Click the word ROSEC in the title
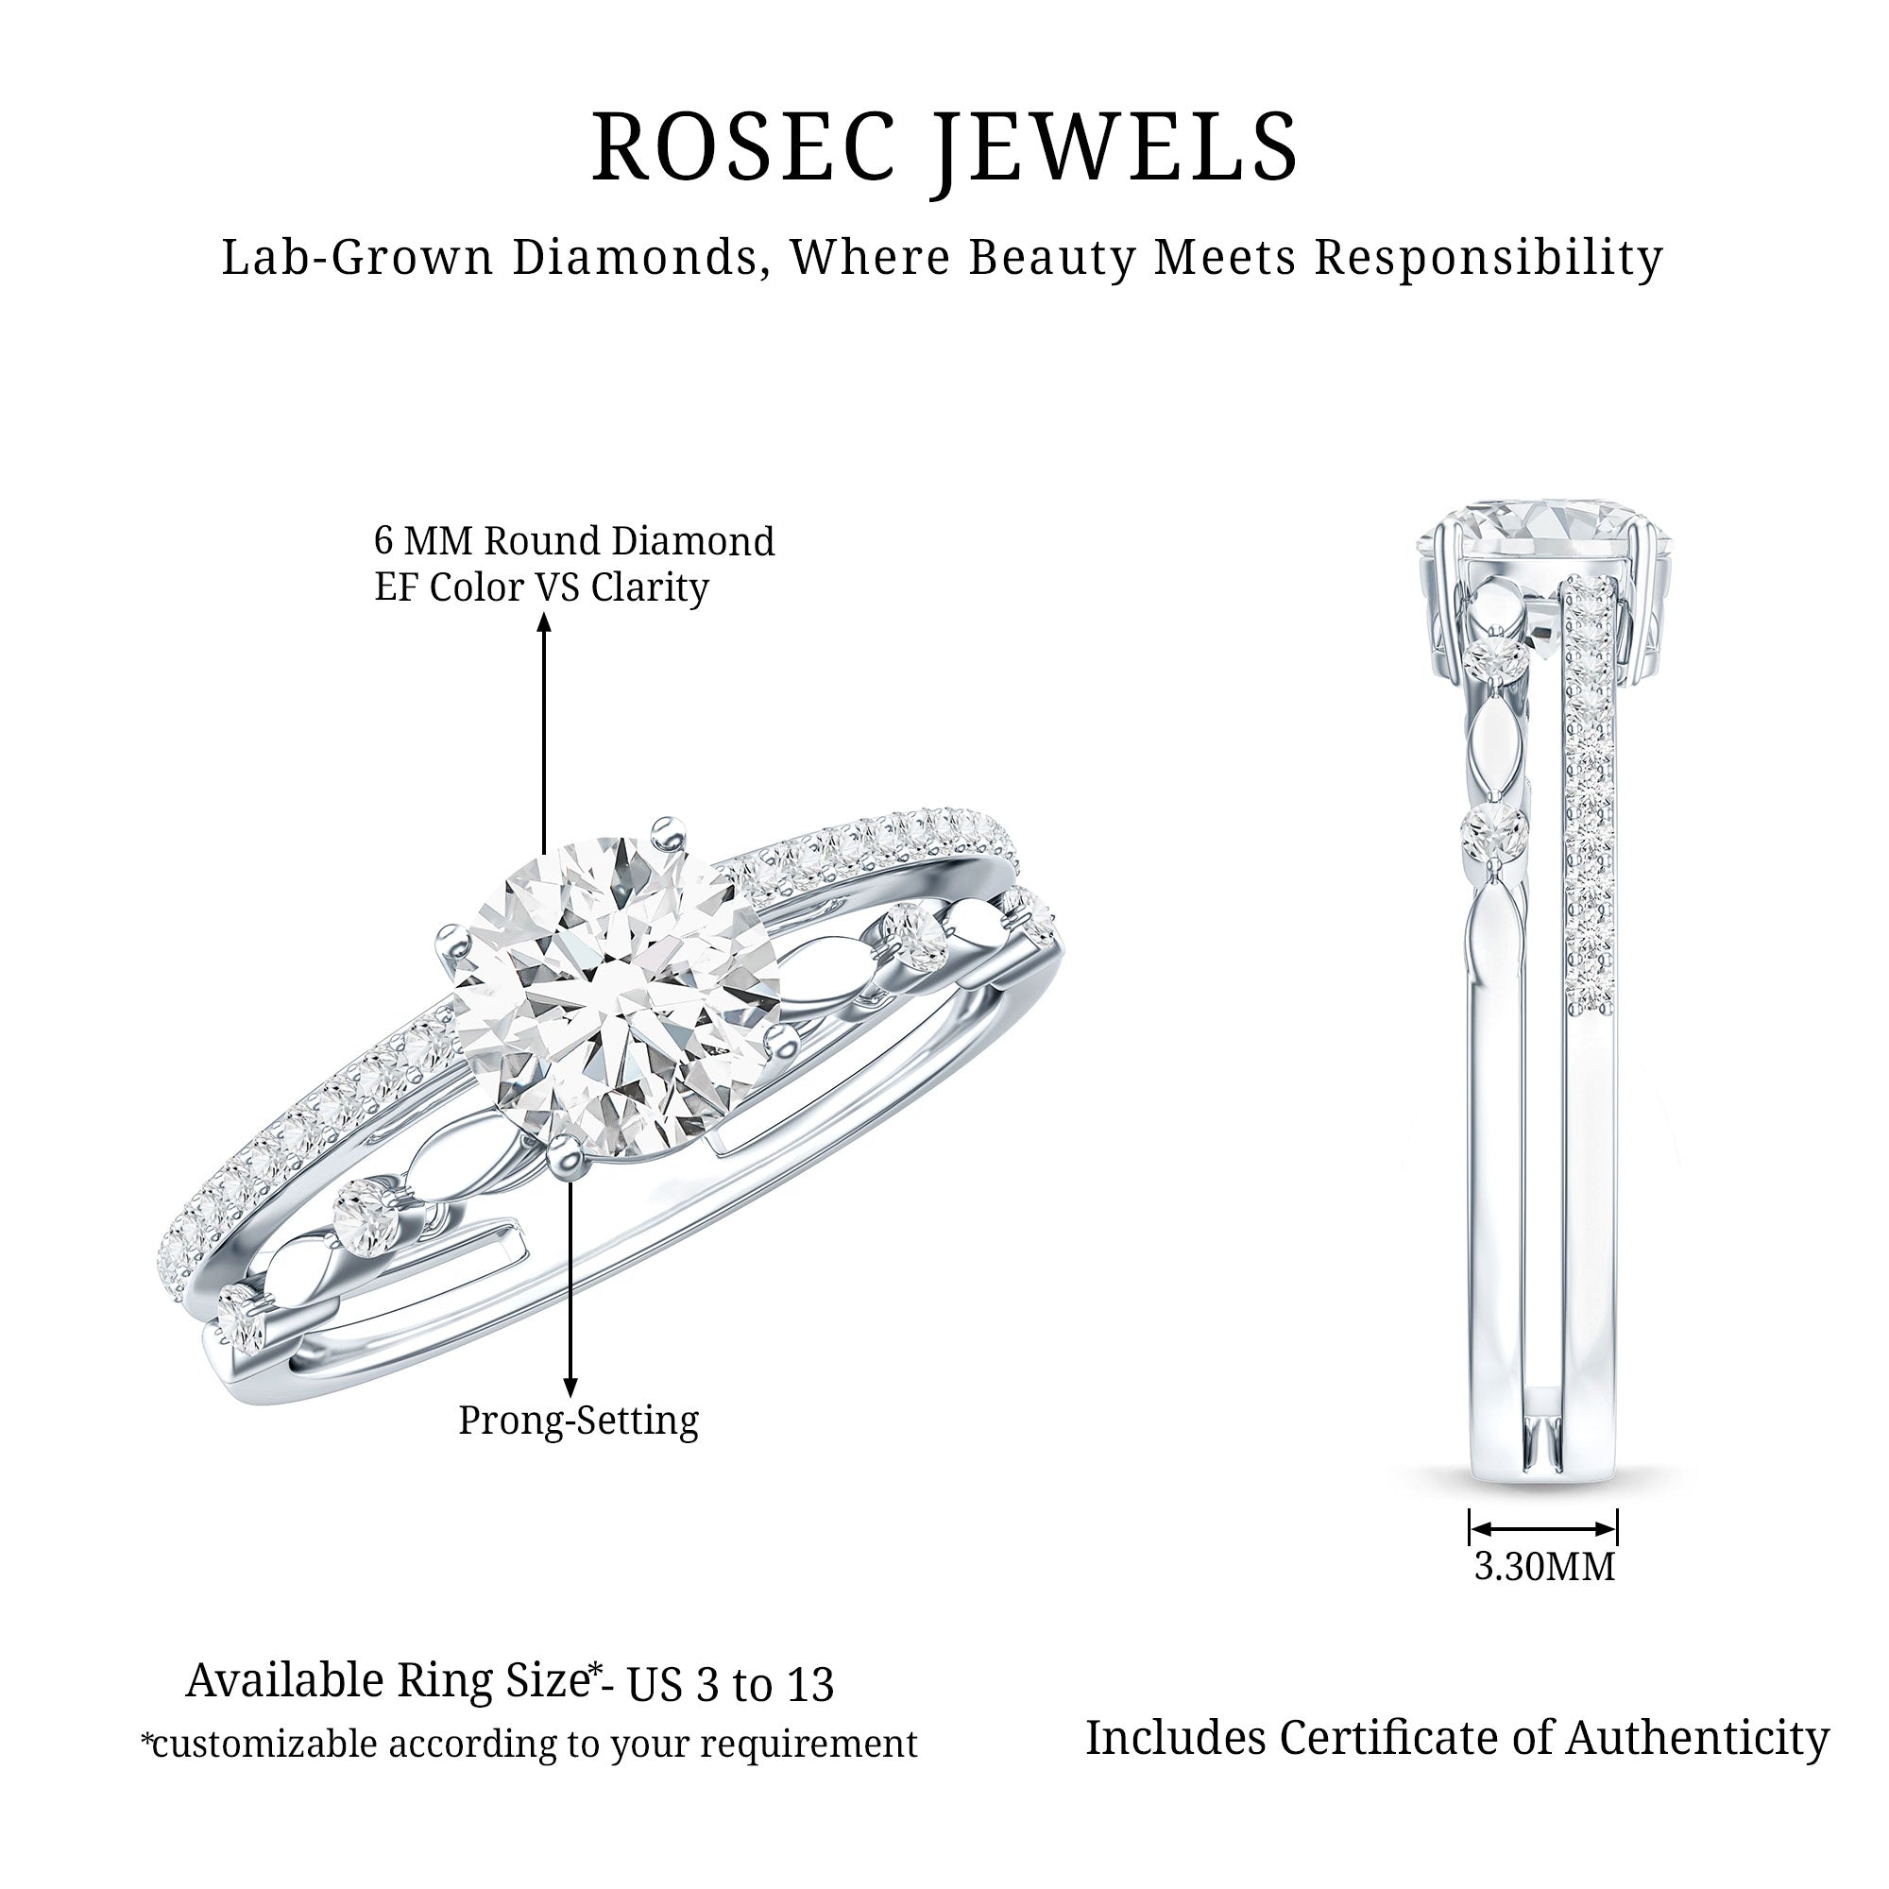(x=743, y=146)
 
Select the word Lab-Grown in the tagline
(x=358, y=258)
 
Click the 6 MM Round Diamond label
(x=574, y=540)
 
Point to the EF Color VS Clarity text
(x=541, y=587)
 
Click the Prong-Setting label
(x=578, y=1421)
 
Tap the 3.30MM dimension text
(x=1544, y=1566)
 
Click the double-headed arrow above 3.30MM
(x=1544, y=1528)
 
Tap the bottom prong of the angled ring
(x=565, y=1157)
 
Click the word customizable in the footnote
(x=264, y=1744)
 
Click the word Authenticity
(x=1697, y=1740)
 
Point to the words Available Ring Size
(x=386, y=1681)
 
